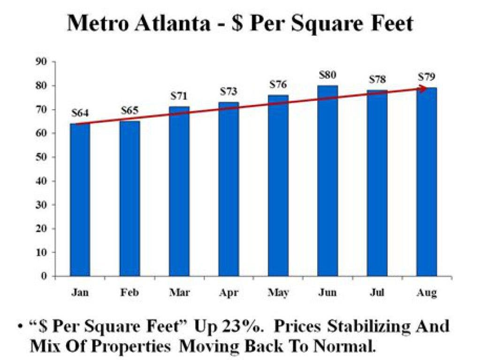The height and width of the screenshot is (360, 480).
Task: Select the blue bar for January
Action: pyautogui.click(x=80, y=200)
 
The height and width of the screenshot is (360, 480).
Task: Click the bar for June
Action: pyautogui.click(x=328, y=181)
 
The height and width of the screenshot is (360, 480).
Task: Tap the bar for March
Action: pyautogui.click(x=179, y=191)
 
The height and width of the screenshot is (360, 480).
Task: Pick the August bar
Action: pyautogui.click(x=427, y=182)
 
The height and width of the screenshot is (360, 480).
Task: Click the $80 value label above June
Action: pyautogui.click(x=328, y=75)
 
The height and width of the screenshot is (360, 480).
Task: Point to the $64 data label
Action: pyautogui.click(x=80, y=113)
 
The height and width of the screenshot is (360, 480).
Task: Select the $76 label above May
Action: pyautogui.click(x=278, y=84)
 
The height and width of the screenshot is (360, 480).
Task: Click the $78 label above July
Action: pyautogui.click(x=377, y=80)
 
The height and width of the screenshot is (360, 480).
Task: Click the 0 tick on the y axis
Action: pyautogui.click(x=45, y=276)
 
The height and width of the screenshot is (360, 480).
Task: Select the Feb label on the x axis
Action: pyautogui.click(x=130, y=292)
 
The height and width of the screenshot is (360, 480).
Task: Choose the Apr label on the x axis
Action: pyautogui.click(x=229, y=293)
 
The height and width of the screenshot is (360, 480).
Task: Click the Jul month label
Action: pyautogui.click(x=377, y=292)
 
